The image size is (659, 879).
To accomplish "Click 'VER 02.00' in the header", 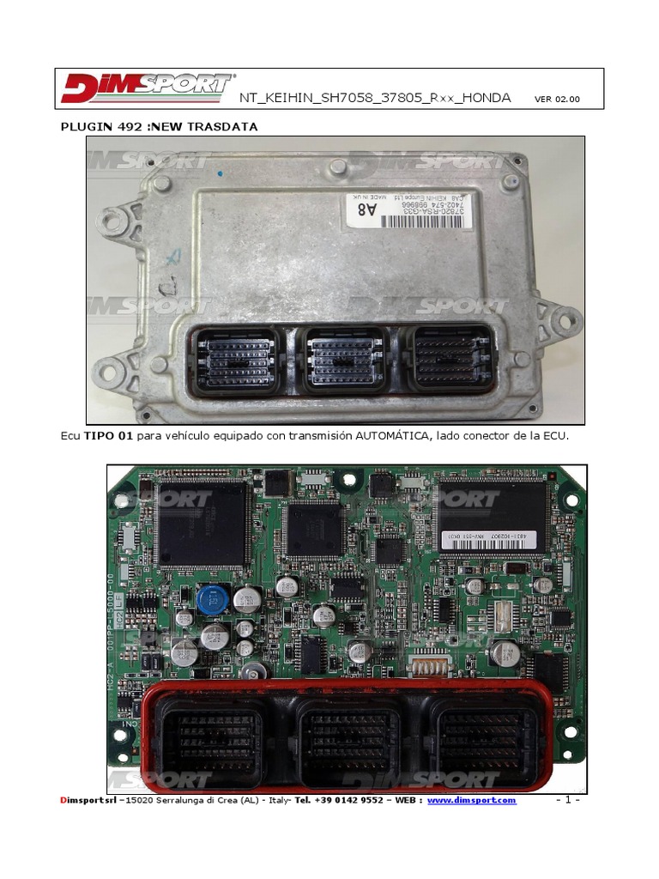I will coord(557,99).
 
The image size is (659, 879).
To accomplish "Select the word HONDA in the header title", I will coord(486,98).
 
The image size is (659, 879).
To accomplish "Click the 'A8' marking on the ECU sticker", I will coord(366,208).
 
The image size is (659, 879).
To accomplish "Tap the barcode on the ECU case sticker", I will coord(426,221).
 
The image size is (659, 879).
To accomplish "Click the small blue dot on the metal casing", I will coord(221,173).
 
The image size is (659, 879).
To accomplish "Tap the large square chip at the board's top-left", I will coord(202,523).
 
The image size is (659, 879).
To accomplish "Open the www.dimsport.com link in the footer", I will coord(472,800).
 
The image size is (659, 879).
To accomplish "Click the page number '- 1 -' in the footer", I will coord(568,800).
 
